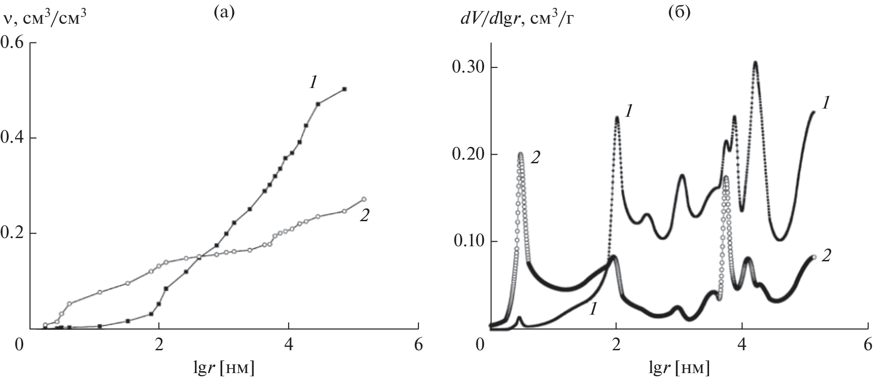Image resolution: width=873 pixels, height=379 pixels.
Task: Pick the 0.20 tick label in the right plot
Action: pyautogui.click(x=467, y=155)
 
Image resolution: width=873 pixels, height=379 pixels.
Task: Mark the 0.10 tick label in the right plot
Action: pyautogui.click(x=467, y=242)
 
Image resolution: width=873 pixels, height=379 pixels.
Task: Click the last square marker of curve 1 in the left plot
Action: pyautogui.click(x=345, y=89)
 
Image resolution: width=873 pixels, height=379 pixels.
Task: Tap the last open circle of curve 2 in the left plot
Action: pyautogui.click(x=363, y=199)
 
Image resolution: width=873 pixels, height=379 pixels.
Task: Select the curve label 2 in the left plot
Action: pyautogui.click(x=364, y=216)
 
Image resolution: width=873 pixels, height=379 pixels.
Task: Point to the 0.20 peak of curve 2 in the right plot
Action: pyautogui.click(x=521, y=154)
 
